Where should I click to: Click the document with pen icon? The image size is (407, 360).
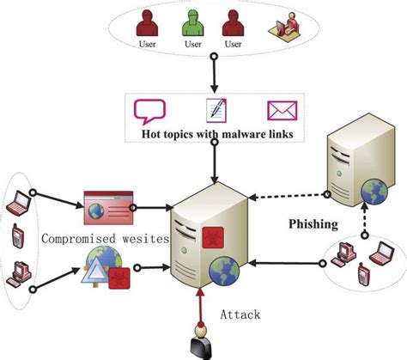[215, 110]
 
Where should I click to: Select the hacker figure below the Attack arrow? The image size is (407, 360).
[201, 341]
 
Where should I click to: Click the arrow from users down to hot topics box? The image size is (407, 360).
[215, 72]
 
